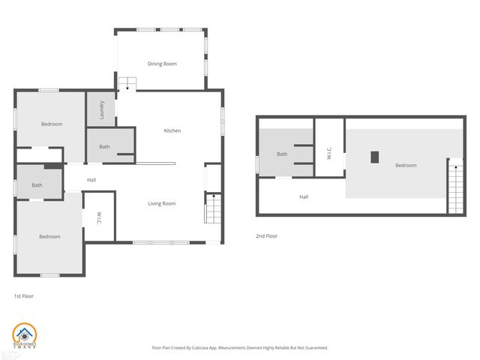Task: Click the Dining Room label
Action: tap(162, 64)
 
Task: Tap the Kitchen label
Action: tap(172, 130)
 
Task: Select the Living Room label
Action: tap(161, 203)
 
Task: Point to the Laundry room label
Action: tap(102, 110)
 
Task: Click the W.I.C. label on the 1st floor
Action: tap(99, 217)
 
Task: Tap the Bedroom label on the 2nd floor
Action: tap(406, 165)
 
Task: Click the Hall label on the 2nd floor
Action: tap(304, 197)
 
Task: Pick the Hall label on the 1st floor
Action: tap(91, 179)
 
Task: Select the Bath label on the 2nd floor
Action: tap(282, 154)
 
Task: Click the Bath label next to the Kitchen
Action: tap(104, 146)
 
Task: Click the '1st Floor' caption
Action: tap(24, 296)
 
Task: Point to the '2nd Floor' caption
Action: tap(267, 236)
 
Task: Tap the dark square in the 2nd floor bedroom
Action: tap(375, 157)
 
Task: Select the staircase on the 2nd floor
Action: tap(454, 187)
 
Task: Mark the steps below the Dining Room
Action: tap(127, 83)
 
